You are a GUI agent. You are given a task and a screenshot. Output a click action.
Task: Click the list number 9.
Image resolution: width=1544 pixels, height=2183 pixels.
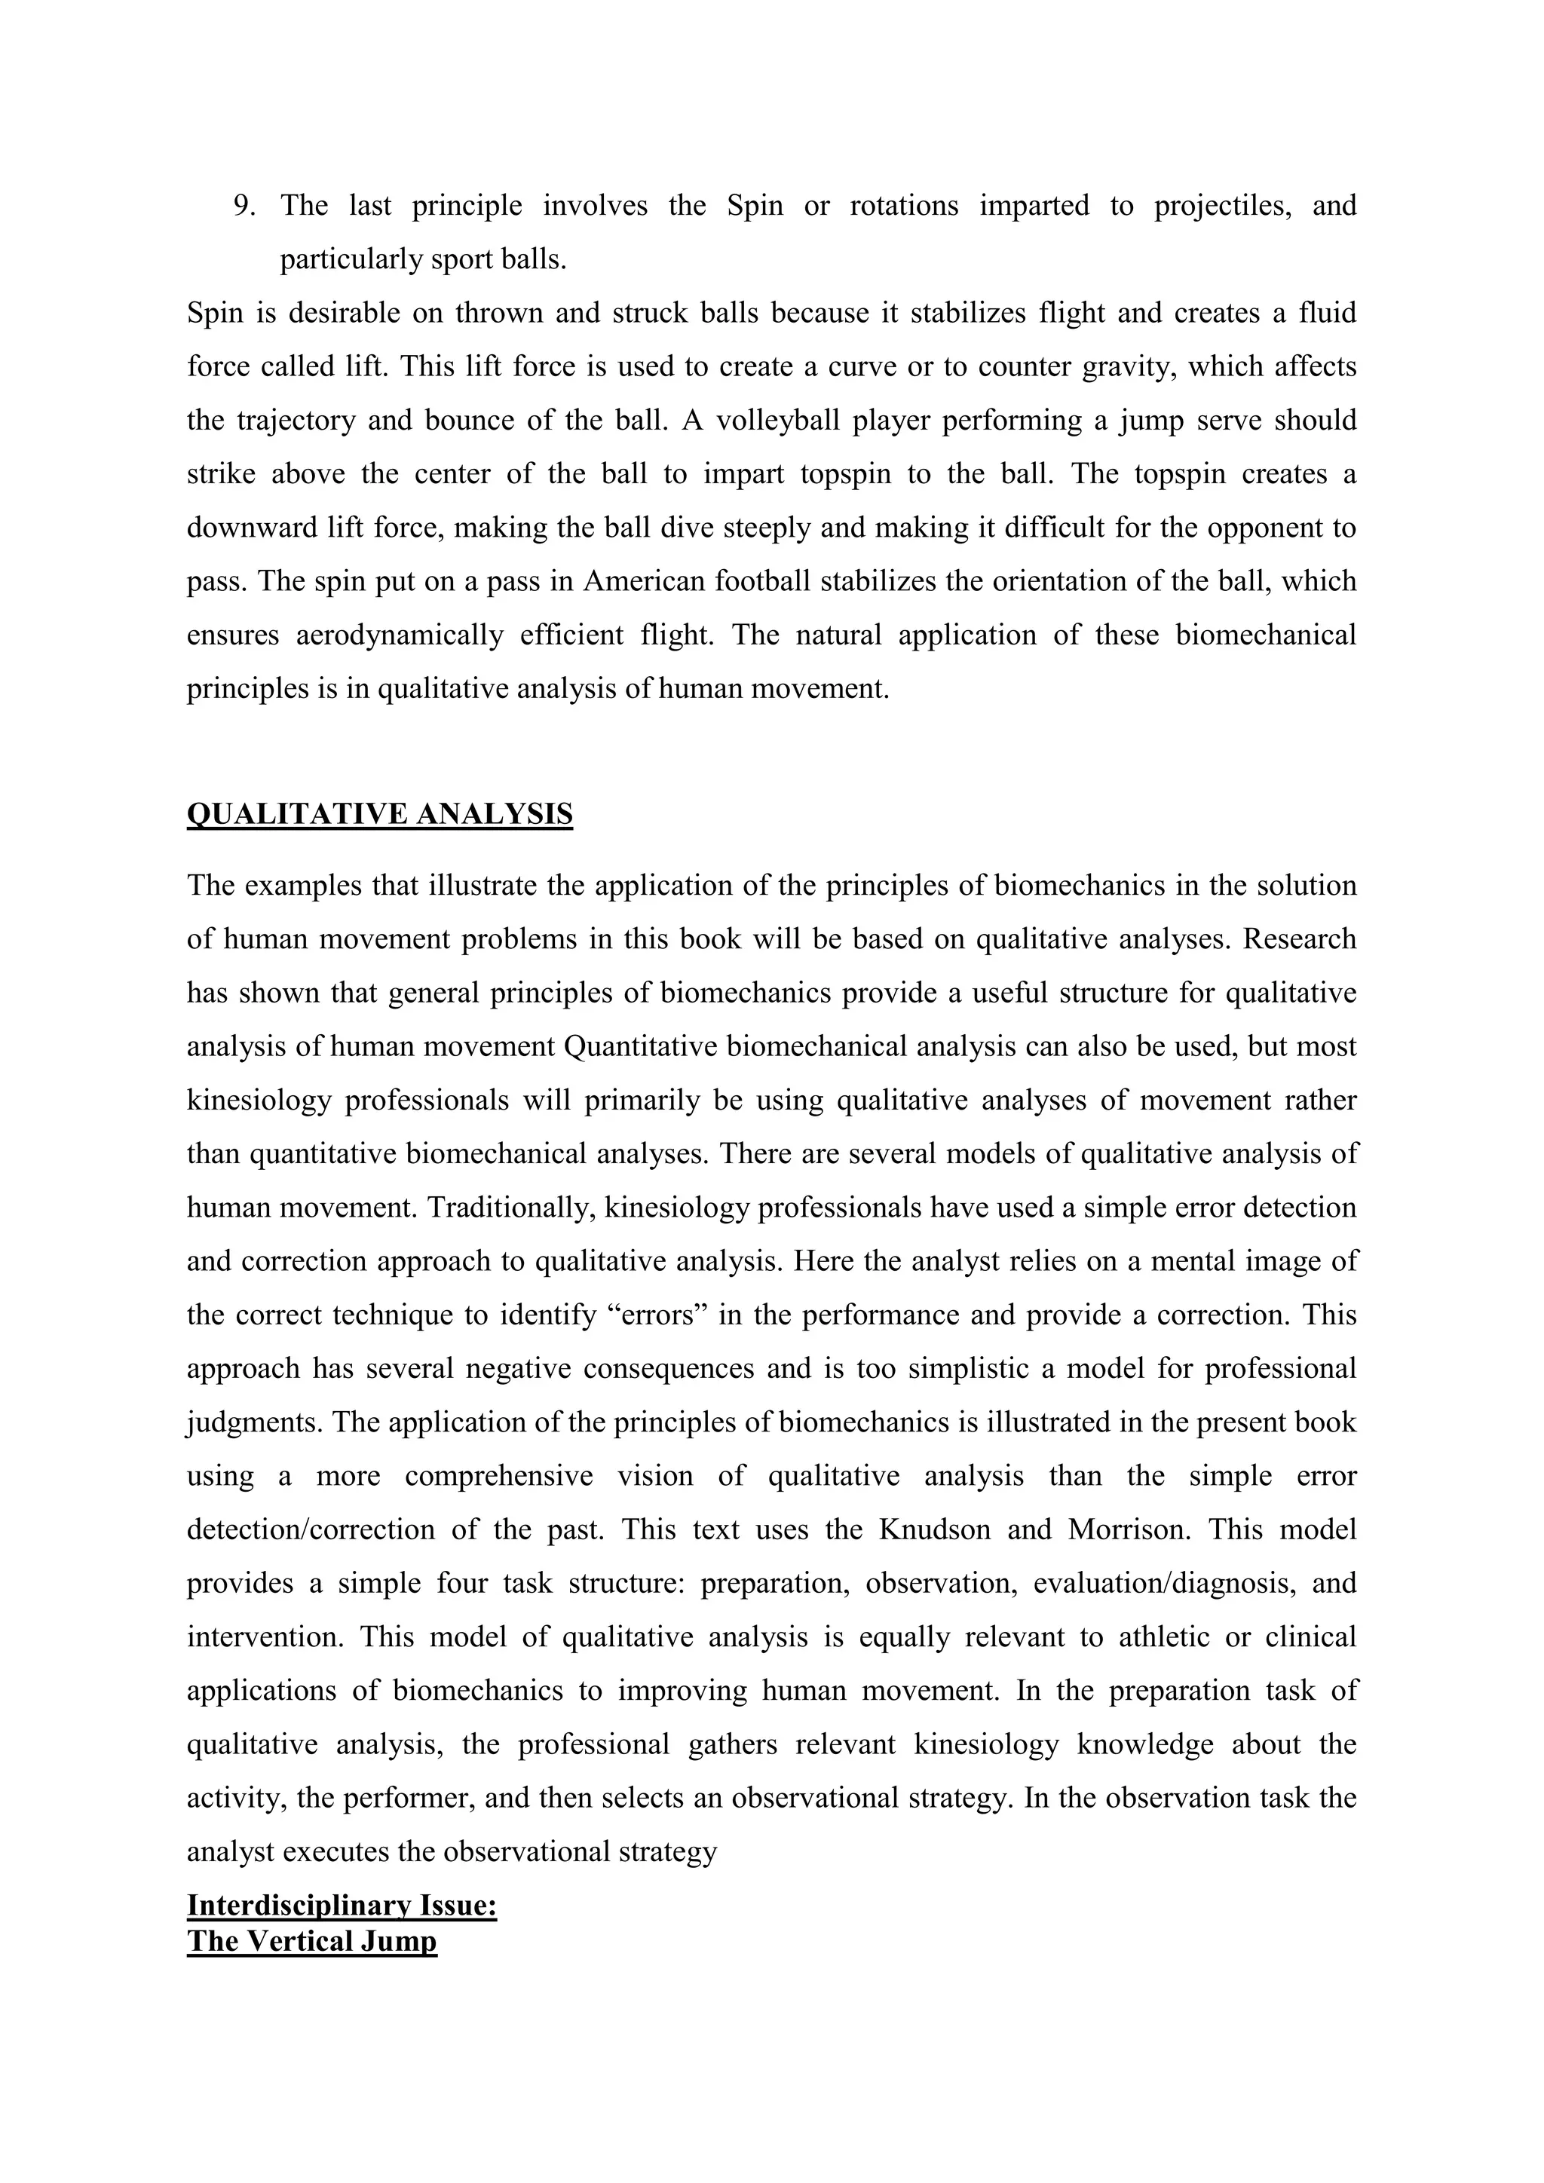(x=244, y=205)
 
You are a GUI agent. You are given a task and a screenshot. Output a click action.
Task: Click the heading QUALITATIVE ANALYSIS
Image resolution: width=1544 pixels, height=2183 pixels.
(x=379, y=814)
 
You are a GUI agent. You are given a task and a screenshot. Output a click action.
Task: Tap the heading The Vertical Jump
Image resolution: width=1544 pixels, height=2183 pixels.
(x=312, y=1940)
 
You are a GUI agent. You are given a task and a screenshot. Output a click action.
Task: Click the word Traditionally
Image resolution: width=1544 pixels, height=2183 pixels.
(x=507, y=1208)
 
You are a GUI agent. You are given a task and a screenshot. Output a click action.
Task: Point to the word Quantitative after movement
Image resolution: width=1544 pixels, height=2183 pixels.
(x=641, y=1046)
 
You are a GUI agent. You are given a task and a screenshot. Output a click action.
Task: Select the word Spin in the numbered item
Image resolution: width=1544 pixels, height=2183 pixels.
(x=755, y=205)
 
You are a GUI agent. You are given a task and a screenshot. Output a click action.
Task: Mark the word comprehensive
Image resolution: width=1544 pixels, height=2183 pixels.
(x=498, y=1476)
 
